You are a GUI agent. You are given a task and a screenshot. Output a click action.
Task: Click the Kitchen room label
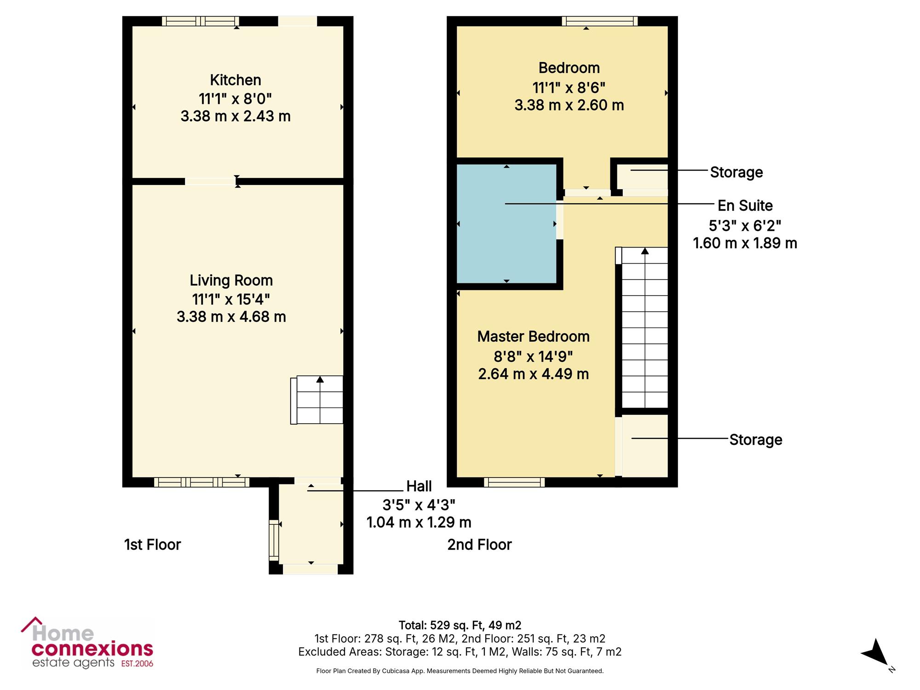[236, 80]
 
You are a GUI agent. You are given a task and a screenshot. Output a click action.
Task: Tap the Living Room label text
[231, 280]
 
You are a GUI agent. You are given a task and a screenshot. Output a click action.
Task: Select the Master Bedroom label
[534, 337]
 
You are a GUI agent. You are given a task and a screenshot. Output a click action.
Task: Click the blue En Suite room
[506, 224]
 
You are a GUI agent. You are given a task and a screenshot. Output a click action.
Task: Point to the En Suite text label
[745, 206]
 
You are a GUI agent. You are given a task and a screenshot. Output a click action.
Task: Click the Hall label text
[419, 486]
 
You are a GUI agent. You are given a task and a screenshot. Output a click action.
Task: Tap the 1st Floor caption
[152, 545]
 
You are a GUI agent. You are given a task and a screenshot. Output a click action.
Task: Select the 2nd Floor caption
[479, 545]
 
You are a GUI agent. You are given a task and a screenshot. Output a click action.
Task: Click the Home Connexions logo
[87, 643]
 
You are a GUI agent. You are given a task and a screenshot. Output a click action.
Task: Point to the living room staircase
[317, 400]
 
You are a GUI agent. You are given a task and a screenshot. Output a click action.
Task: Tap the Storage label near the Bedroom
[736, 172]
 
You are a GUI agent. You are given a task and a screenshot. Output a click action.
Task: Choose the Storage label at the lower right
[756, 440]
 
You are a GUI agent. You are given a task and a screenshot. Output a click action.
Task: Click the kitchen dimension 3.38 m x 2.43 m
[236, 116]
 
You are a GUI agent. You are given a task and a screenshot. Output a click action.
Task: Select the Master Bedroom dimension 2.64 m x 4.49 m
[534, 374]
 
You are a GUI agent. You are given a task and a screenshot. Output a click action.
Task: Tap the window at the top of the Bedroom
[599, 21]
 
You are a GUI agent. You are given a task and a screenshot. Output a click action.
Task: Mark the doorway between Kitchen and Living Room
[211, 182]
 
